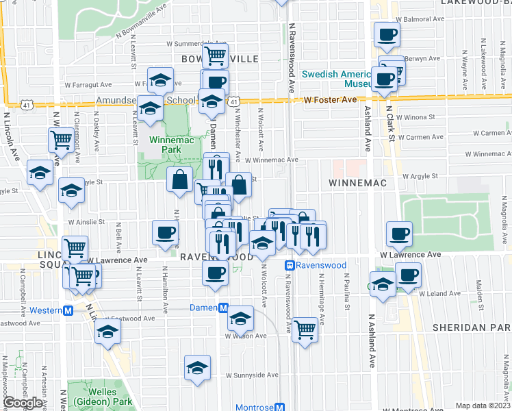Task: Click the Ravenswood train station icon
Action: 290,265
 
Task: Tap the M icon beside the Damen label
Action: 223,309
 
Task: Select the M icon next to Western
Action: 68,310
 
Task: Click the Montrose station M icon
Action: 279,407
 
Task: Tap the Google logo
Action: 23,403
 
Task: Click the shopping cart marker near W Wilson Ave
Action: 305,329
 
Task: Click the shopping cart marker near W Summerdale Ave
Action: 216,54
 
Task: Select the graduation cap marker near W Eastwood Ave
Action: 107,332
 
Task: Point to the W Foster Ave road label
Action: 331,100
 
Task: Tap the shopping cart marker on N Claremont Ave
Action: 61,140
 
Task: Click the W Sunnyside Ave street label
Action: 253,375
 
